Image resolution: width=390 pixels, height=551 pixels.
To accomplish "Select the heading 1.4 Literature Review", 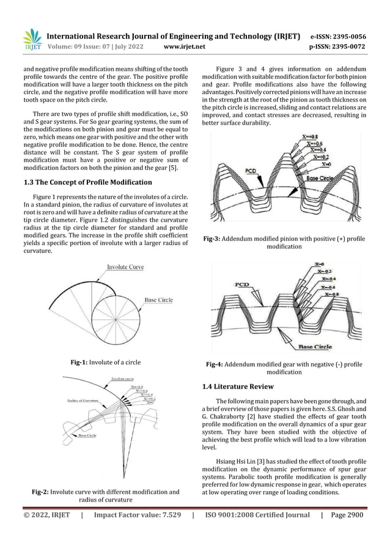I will point(240,387).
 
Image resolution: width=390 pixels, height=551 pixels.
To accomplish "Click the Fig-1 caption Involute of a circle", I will point(106,363).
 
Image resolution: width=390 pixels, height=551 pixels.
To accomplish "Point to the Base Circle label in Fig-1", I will point(161,300).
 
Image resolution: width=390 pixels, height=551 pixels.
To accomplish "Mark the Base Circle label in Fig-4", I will point(315,346).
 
